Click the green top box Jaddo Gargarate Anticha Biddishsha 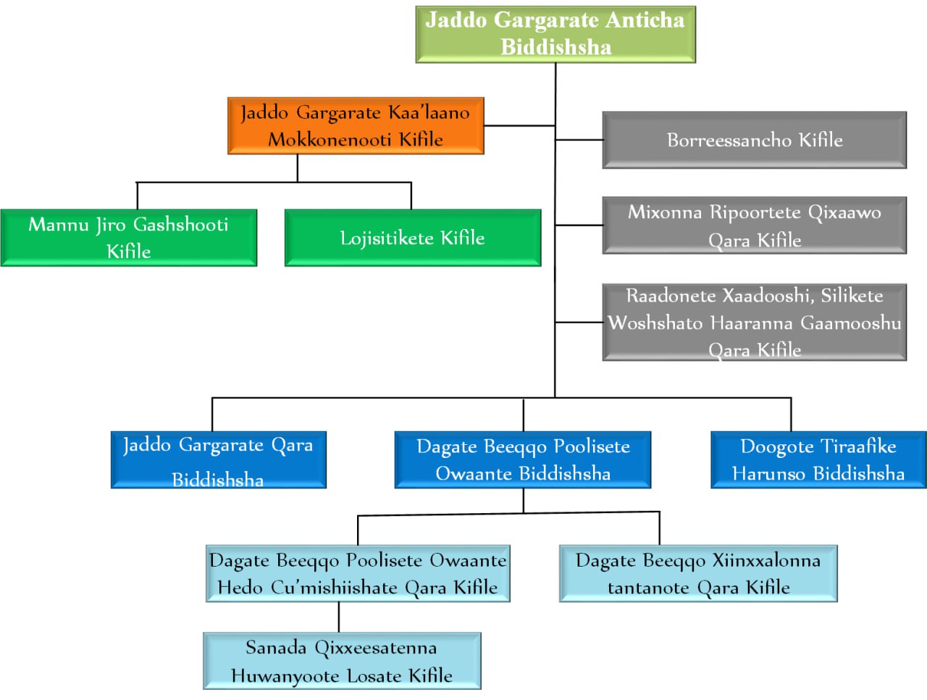click(555, 34)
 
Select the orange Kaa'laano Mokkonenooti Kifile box click(356, 125)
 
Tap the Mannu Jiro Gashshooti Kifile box click(128, 238)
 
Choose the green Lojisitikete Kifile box click(412, 238)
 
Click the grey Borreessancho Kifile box click(754, 140)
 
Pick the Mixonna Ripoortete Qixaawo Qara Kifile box click(754, 225)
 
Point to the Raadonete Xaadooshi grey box click(754, 322)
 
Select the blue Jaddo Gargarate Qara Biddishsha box click(218, 460)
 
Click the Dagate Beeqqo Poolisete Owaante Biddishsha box click(522, 460)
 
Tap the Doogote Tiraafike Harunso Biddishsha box click(818, 460)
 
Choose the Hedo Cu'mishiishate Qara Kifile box click(358, 573)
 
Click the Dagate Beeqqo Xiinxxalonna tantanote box click(698, 573)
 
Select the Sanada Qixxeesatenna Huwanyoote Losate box click(342, 661)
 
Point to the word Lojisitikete click(387, 238)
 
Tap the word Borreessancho click(729, 140)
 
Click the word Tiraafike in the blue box click(857, 446)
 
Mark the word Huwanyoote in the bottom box click(286, 676)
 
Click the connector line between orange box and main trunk click(519, 125)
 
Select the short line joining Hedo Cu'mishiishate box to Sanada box click(339, 617)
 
